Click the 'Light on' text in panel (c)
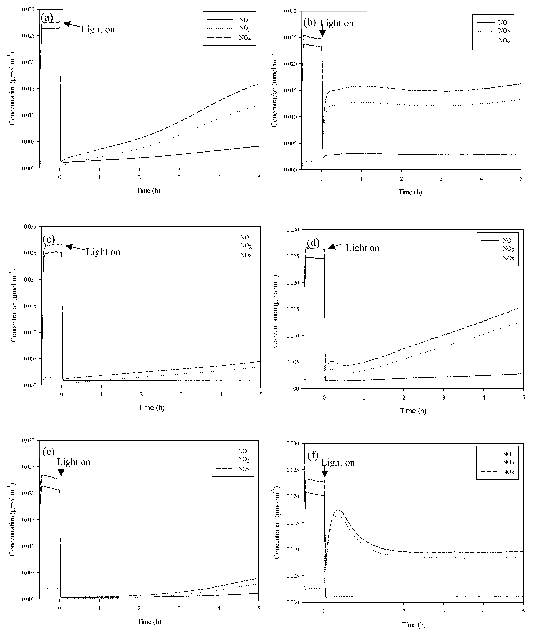tap(103, 252)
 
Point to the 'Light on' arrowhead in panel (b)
tap(322, 34)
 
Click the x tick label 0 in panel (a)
tap(60, 177)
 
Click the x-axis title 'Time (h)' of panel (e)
tap(149, 621)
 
